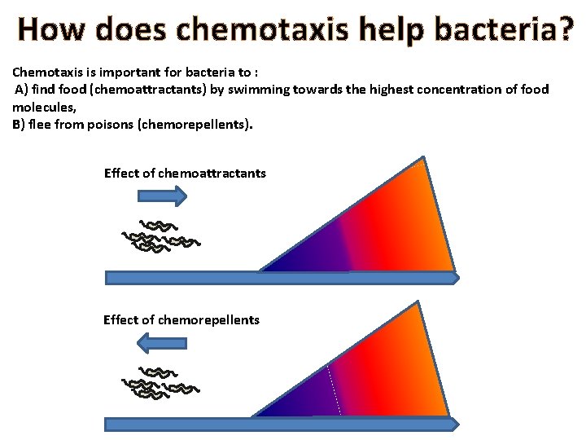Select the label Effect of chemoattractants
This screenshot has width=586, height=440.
[185, 173]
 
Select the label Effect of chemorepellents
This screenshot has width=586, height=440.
[181, 319]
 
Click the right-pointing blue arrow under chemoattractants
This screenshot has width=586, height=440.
[163, 196]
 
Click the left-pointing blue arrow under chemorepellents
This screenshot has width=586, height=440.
[162, 344]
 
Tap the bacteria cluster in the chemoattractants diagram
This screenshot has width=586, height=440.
[160, 237]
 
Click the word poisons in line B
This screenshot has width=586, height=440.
[99, 125]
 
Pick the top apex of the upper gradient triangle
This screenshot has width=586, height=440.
[422, 158]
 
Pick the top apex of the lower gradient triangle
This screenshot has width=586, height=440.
[418, 301]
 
